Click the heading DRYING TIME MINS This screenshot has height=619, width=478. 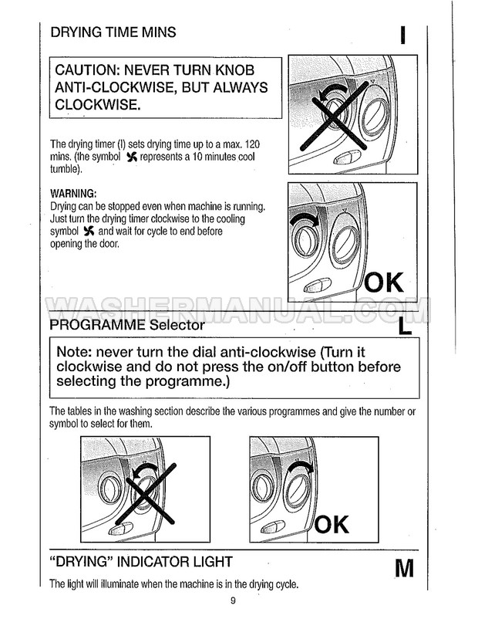pyautogui.click(x=113, y=32)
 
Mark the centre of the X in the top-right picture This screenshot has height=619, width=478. pyautogui.click(x=333, y=113)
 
